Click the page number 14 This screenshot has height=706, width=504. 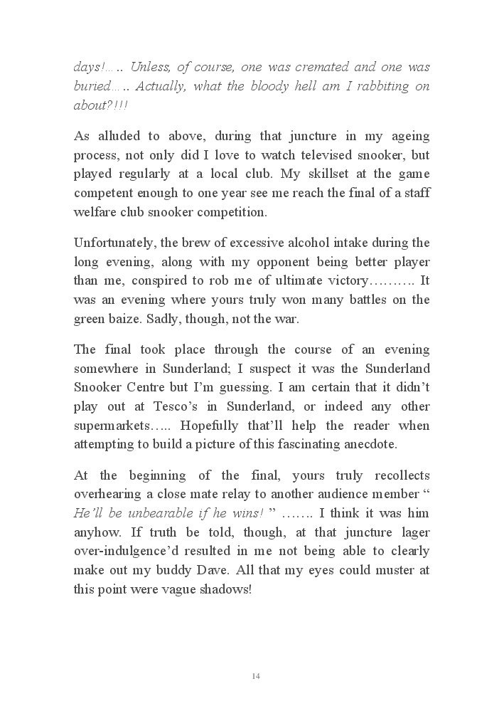(x=256, y=675)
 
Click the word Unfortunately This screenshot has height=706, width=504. (x=114, y=243)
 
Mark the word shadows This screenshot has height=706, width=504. (x=223, y=589)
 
